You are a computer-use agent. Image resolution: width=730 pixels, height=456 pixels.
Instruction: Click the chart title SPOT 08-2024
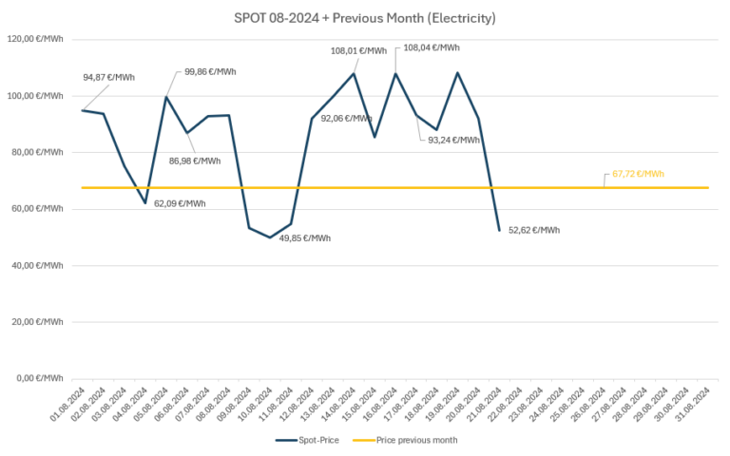point(365,17)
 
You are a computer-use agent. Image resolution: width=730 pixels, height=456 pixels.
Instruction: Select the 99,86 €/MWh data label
point(210,71)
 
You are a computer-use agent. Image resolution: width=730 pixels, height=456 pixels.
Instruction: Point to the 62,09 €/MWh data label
point(180,203)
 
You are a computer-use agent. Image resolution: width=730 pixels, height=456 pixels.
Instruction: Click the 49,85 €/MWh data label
point(305,238)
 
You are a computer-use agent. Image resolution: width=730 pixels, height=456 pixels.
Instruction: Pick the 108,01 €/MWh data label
point(358,51)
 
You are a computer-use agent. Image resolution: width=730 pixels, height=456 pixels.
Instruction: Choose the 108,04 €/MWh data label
point(432,47)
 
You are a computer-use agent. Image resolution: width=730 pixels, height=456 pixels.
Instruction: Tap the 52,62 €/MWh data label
point(534,230)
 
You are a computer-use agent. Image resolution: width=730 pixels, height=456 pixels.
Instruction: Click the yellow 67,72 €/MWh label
point(639,174)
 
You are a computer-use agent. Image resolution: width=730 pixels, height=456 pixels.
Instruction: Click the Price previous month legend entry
point(410,440)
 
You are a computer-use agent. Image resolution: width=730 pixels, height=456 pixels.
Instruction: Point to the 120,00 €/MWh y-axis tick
point(34,39)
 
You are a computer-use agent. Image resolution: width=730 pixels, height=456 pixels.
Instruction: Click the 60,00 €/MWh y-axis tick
point(36,209)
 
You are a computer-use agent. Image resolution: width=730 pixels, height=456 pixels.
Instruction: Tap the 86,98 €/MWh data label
point(195,161)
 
